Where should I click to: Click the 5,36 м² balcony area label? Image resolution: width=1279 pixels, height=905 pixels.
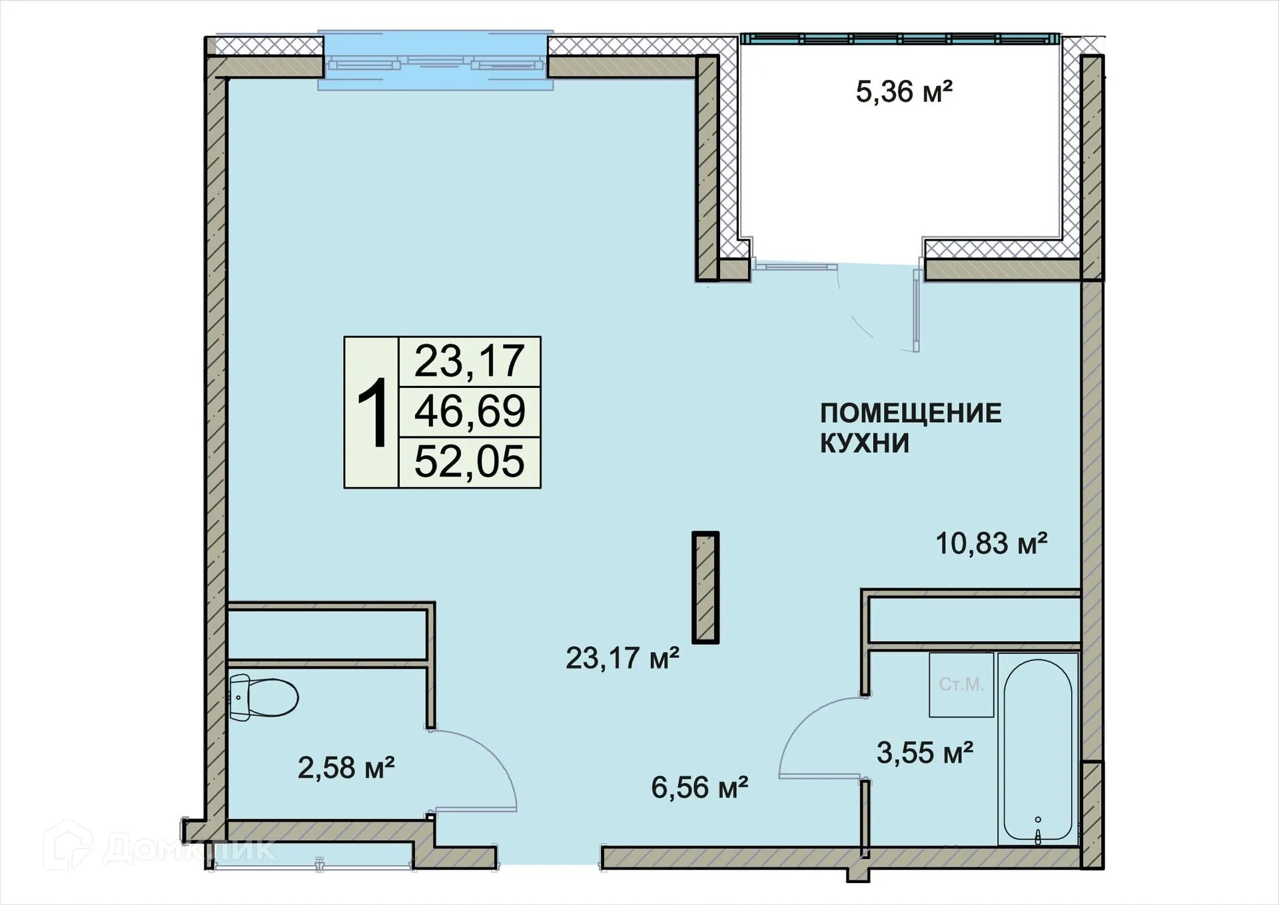pyautogui.click(x=903, y=92)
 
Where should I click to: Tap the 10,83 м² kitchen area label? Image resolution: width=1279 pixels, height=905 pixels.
pyautogui.click(x=991, y=544)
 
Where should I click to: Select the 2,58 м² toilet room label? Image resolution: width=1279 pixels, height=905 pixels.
pyautogui.click(x=346, y=768)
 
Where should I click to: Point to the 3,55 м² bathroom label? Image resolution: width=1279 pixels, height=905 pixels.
pyautogui.click(x=925, y=753)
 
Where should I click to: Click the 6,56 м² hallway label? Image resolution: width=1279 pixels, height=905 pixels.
pyautogui.click(x=699, y=788)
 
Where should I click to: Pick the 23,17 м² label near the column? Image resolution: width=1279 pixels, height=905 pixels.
pyautogui.click(x=622, y=658)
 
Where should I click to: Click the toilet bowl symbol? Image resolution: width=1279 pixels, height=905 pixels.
pyautogui.click(x=264, y=697)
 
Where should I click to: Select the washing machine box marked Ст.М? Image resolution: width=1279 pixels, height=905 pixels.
pyautogui.click(x=961, y=684)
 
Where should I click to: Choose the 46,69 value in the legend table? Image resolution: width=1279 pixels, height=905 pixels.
pyautogui.click(x=470, y=411)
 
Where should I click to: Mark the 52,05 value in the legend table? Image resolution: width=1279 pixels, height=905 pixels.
pyautogui.click(x=470, y=462)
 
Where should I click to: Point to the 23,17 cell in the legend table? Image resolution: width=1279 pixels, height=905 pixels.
pyautogui.click(x=470, y=361)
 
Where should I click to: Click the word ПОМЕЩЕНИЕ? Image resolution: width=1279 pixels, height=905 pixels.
pyautogui.click(x=910, y=413)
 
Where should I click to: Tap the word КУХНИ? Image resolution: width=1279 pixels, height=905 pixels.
pyautogui.click(x=864, y=443)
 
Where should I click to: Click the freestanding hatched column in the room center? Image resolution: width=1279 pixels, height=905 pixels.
pyautogui.click(x=705, y=587)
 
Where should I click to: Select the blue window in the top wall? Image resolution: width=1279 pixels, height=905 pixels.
pyautogui.click(x=435, y=61)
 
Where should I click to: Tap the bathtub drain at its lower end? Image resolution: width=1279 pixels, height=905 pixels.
pyautogui.click(x=1038, y=836)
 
